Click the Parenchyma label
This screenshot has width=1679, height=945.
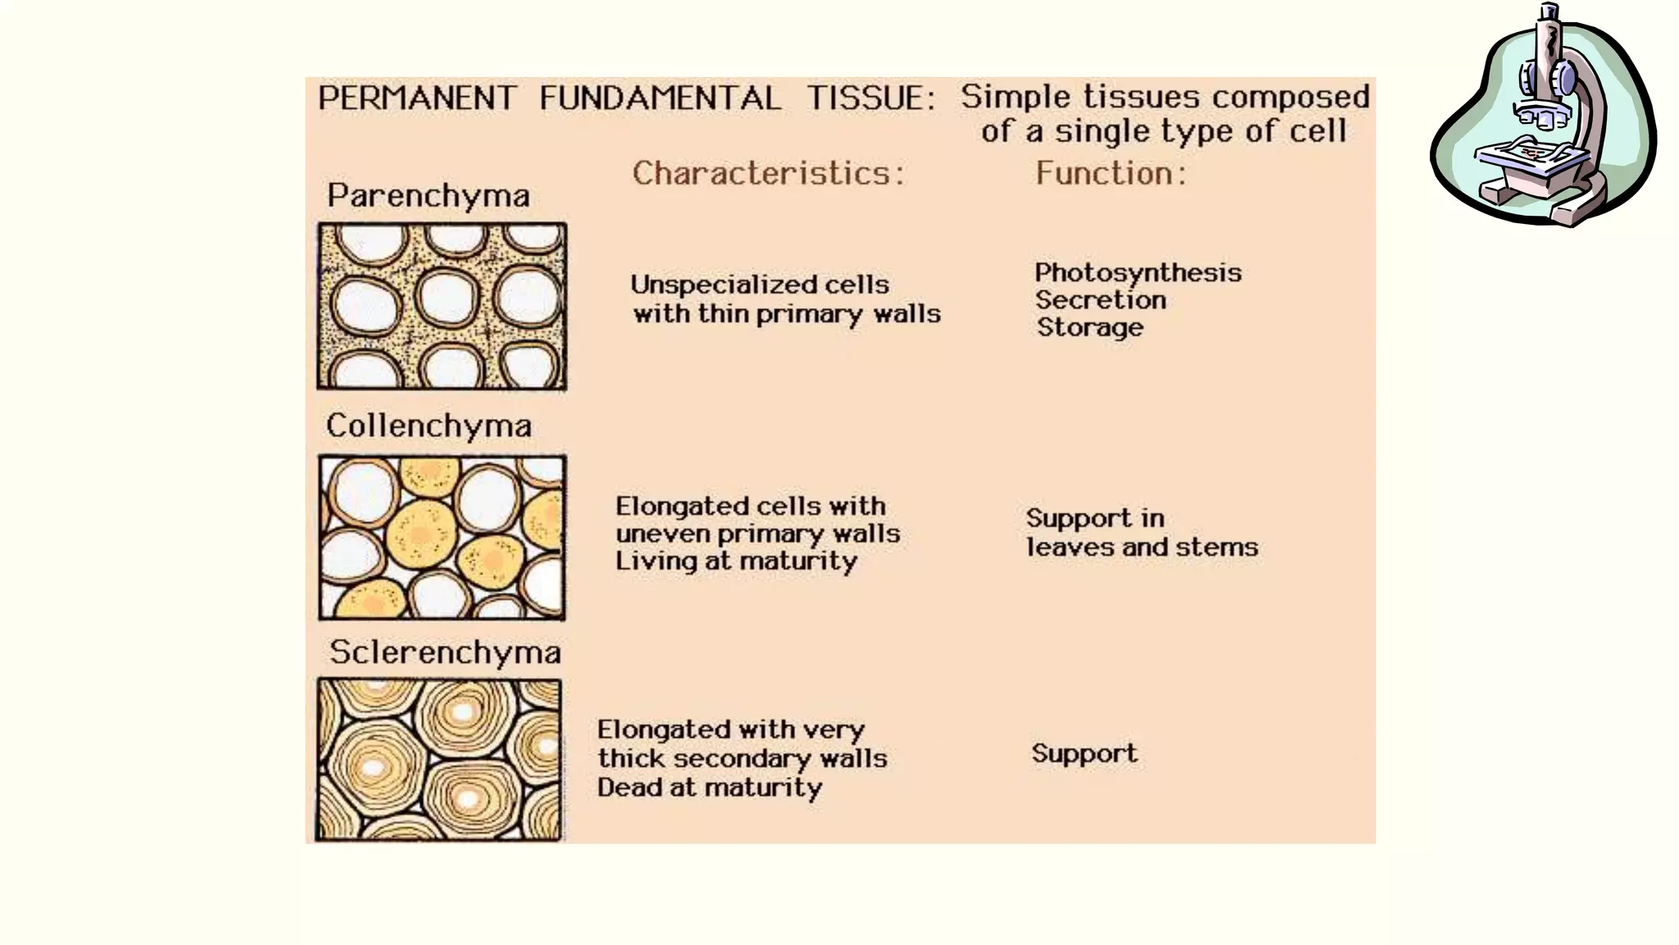point(428,197)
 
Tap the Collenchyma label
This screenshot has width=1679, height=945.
point(429,427)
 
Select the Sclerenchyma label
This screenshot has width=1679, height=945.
point(445,653)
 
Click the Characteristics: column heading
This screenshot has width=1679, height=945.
point(768,174)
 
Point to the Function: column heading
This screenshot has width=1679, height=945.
point(1111,174)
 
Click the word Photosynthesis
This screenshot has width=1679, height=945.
point(1138,273)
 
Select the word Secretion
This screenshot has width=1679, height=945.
point(1100,300)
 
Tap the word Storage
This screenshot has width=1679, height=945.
point(1090,327)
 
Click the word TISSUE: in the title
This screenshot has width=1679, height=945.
point(871,98)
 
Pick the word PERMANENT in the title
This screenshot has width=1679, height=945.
point(417,98)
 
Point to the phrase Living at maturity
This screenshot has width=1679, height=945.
point(736,561)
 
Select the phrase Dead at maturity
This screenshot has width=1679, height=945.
point(709,787)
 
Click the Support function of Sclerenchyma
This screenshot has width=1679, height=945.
point(1084,754)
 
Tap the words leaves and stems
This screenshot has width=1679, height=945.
point(1142,547)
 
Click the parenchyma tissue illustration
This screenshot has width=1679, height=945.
point(442,306)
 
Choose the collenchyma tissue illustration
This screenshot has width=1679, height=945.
point(442,537)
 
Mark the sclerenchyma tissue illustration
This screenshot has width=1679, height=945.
point(439,760)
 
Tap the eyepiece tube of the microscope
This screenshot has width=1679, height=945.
point(1549,33)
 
